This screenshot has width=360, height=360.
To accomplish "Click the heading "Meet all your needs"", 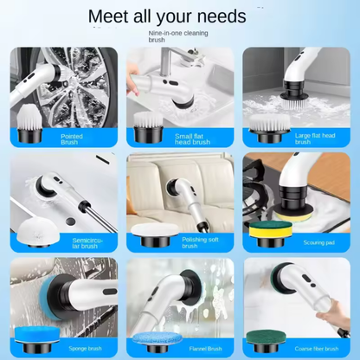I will [x=179, y=16].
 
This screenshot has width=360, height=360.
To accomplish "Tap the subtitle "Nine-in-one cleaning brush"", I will [x=179, y=35].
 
